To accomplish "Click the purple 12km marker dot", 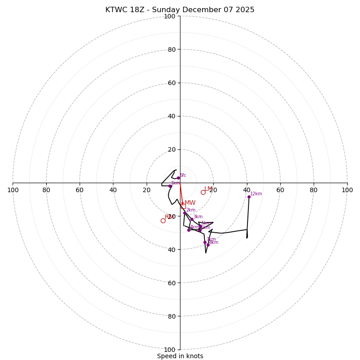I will pyautogui.click(x=249, y=197).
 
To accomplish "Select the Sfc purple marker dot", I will pyautogui.click(x=178, y=178).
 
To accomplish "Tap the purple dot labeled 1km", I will pyautogui.click(x=170, y=186).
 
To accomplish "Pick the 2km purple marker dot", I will pyautogui.click(x=184, y=213).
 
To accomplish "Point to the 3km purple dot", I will pyautogui.click(x=192, y=219).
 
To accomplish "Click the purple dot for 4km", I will pyautogui.click(x=189, y=230).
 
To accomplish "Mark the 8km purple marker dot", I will pyautogui.click(x=208, y=245).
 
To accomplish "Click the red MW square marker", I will pyautogui.click(x=183, y=206).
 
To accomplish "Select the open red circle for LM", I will pyautogui.click(x=203, y=192).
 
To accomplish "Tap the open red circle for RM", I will pyautogui.click(x=163, y=220).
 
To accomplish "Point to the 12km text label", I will pyautogui.click(x=256, y=194).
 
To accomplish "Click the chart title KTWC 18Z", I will pyautogui.click(x=180, y=10).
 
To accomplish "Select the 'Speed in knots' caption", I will pyautogui.click(x=180, y=356).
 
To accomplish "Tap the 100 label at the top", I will pyautogui.click(x=170, y=17).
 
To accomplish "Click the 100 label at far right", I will pyautogui.click(x=347, y=190).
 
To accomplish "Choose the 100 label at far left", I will pyautogui.click(x=13, y=190).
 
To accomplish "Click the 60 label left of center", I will pyautogui.click(x=80, y=190).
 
